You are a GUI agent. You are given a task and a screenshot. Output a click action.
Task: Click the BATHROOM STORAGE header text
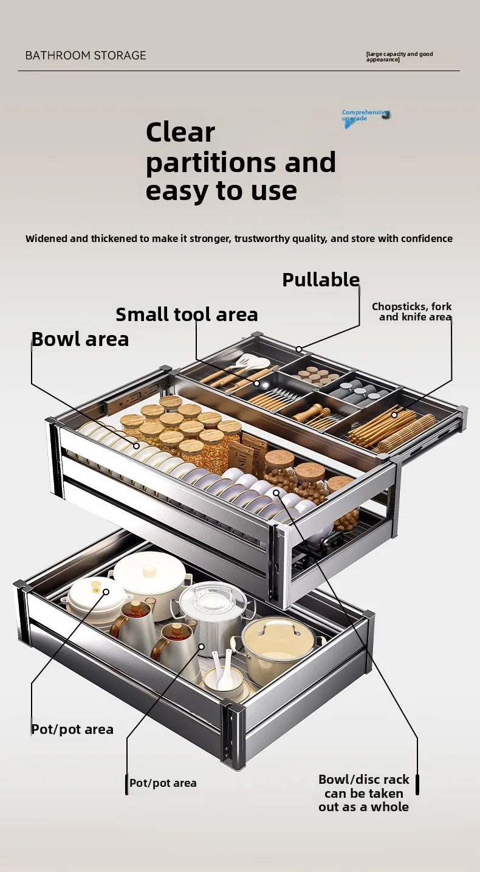pos(86,55)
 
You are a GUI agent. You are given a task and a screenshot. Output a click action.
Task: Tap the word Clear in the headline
pos(180,132)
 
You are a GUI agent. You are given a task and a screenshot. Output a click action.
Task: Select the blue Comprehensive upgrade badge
pos(365,116)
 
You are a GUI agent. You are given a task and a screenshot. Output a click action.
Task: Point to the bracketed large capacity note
pos(399,57)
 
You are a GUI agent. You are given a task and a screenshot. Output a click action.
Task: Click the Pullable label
pos(321,280)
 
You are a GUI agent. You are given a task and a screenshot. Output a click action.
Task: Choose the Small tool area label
pos(187,314)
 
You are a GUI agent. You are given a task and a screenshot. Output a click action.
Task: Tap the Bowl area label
pos(80,339)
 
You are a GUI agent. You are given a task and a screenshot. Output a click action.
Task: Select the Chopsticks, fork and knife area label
pos(412,311)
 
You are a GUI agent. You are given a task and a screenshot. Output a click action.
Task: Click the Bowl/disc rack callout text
pos(363,793)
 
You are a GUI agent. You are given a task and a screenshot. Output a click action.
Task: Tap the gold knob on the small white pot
pos(95,587)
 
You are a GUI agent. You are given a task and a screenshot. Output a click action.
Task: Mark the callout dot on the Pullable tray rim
pos(299,349)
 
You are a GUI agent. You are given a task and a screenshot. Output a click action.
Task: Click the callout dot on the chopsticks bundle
pos(394,415)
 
